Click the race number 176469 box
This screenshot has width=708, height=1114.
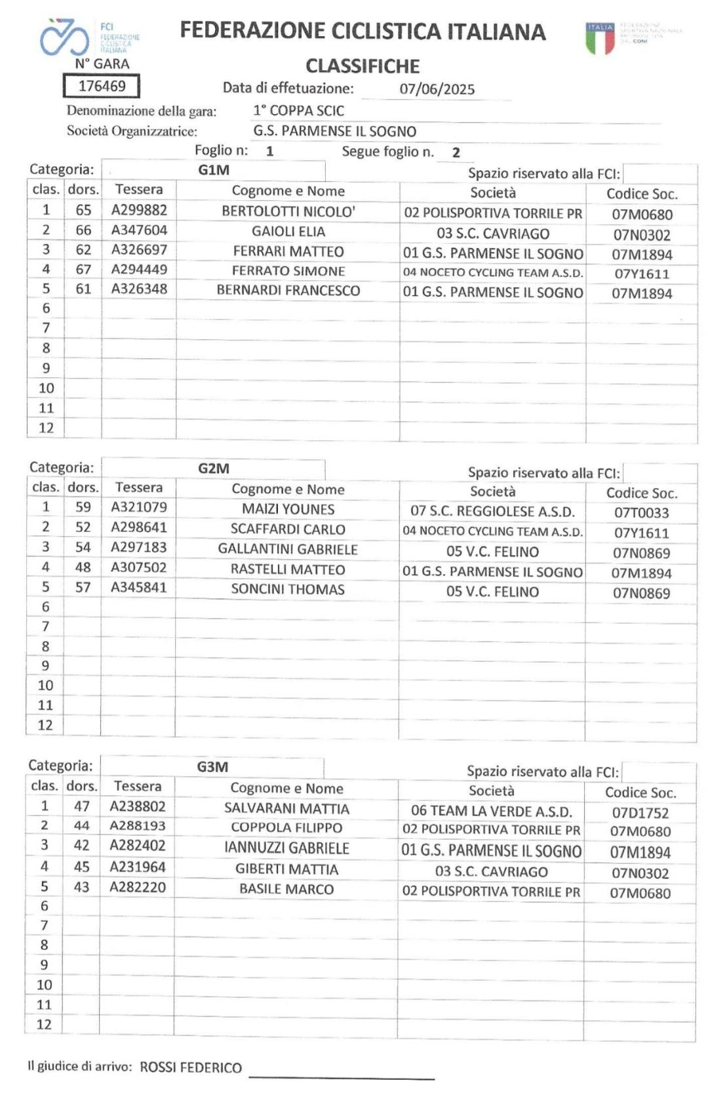tap(102, 86)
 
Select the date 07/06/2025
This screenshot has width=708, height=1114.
tap(437, 89)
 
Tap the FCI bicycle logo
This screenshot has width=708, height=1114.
tap(64, 37)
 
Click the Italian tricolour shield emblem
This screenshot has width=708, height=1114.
tap(600, 39)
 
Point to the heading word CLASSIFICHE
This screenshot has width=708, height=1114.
tap(363, 66)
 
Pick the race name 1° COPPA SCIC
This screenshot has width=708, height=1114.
tap(298, 110)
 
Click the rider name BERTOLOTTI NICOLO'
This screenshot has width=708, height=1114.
tap(288, 211)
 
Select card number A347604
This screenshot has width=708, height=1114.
tap(139, 230)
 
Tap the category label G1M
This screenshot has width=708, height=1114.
tap(214, 171)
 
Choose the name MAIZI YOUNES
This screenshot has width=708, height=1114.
tap(288, 509)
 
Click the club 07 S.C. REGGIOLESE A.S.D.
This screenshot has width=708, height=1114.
tap(492, 512)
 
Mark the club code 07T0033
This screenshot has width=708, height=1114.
tap(641, 513)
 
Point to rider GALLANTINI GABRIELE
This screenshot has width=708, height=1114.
tap(288, 549)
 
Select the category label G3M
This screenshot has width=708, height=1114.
tap(212, 767)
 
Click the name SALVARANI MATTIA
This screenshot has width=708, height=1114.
tap(286, 809)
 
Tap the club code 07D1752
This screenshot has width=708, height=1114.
tap(640, 813)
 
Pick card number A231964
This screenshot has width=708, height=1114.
tap(138, 867)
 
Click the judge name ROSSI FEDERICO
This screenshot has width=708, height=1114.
tap(191, 1067)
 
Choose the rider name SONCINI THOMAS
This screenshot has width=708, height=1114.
tap(288, 589)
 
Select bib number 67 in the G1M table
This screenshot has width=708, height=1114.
tap(83, 270)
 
